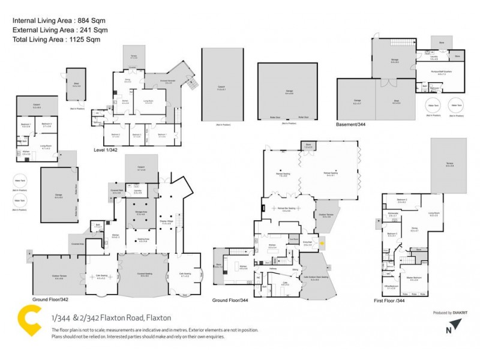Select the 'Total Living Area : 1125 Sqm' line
[x=56, y=39]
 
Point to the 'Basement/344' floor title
[x=353, y=125]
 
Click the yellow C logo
[x=29, y=322]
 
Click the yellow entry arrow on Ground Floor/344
[x=322, y=243]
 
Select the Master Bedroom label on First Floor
[x=414, y=278]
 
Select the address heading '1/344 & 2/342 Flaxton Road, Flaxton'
[x=111, y=317]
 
